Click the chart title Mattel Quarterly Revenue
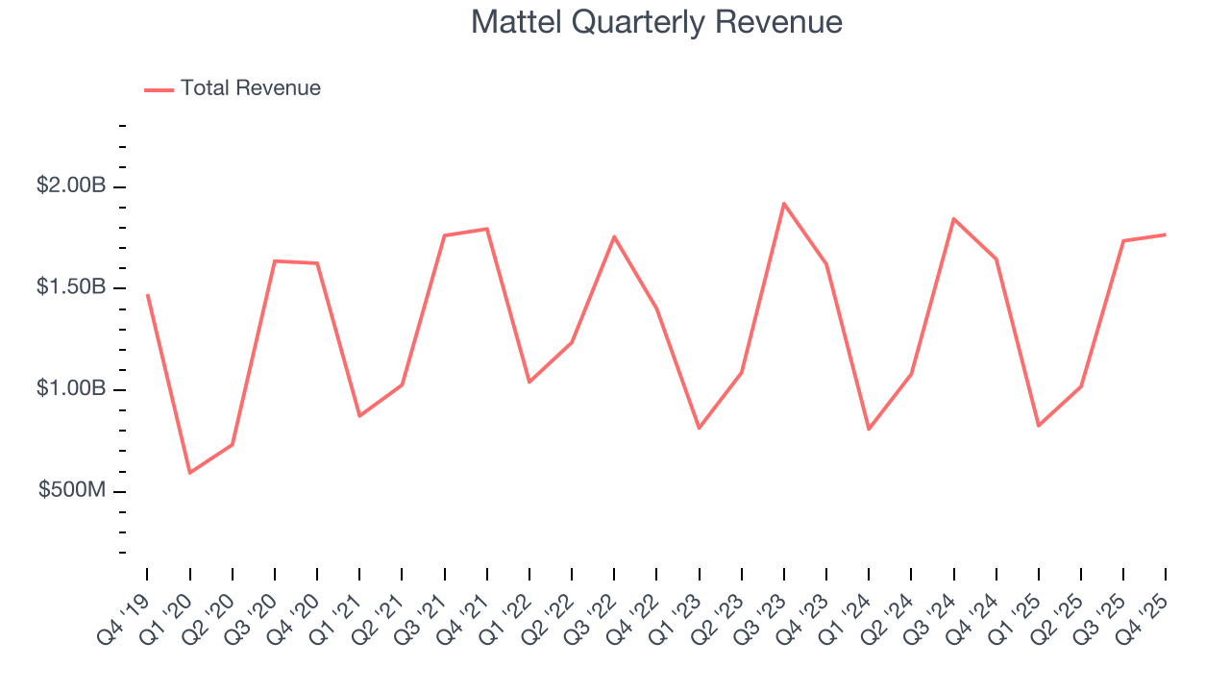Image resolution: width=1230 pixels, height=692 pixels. (x=656, y=22)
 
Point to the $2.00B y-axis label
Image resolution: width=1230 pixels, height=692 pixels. (x=71, y=186)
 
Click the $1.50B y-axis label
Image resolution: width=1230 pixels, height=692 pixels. (x=71, y=288)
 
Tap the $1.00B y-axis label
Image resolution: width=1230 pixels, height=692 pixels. (x=71, y=390)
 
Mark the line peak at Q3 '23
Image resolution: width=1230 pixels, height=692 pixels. (x=784, y=204)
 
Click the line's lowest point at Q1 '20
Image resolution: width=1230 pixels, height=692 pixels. (x=189, y=473)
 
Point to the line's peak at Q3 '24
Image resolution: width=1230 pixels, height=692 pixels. (x=953, y=219)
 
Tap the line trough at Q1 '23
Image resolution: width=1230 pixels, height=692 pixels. (x=699, y=428)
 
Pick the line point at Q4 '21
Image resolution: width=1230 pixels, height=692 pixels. (x=487, y=229)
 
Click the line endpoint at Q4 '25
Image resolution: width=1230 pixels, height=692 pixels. (x=1166, y=235)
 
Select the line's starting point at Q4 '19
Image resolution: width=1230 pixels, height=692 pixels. (x=147, y=295)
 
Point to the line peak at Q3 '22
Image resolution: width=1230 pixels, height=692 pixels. (x=614, y=236)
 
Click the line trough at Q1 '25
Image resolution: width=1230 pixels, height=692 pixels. (x=1038, y=426)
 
